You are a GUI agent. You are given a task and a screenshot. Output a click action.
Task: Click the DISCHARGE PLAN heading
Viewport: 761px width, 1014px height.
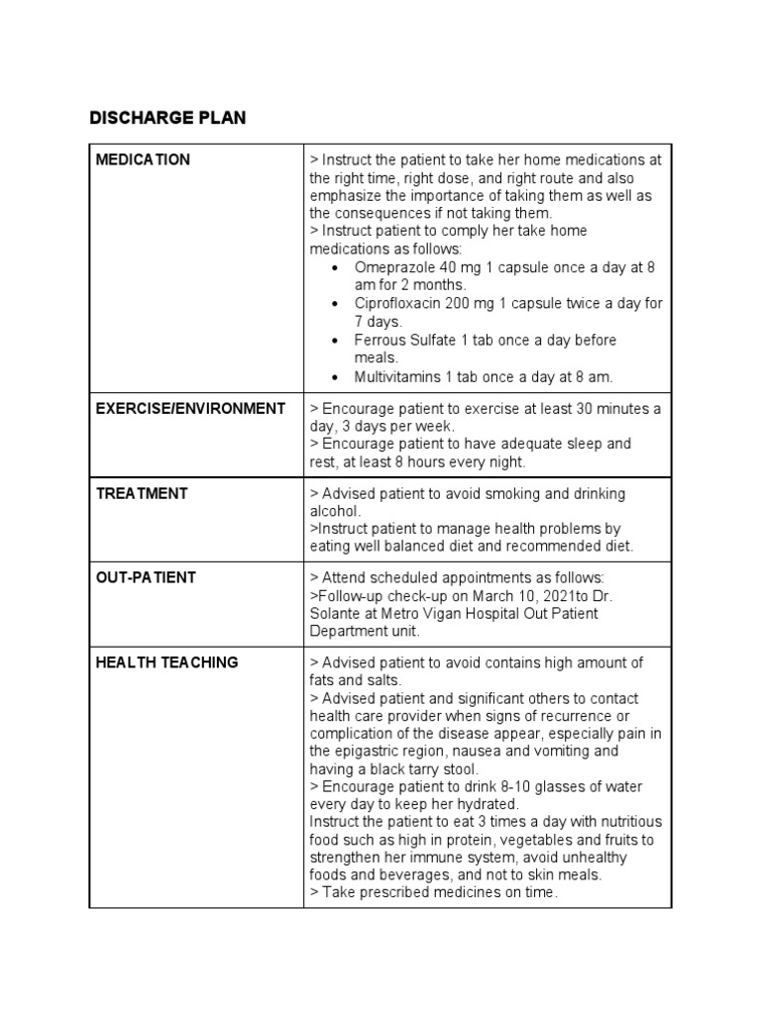[x=167, y=118]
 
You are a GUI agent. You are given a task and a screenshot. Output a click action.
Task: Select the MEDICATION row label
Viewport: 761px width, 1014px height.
[x=143, y=159]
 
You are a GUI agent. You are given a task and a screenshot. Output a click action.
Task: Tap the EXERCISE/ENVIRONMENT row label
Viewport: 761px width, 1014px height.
[x=190, y=408]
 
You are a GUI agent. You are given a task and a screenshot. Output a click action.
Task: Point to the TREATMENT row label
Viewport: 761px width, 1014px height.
[x=142, y=493]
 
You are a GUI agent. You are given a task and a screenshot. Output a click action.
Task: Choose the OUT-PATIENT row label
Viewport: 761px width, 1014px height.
[x=146, y=577]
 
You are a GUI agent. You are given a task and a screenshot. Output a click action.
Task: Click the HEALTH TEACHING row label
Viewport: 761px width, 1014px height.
[x=166, y=662]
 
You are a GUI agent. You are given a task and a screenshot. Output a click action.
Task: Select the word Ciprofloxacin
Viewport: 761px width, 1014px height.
[x=397, y=304]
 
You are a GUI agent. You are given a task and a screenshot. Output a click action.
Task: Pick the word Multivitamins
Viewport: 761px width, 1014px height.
[x=397, y=376]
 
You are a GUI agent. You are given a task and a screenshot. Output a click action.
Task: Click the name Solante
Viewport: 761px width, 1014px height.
[x=338, y=613]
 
